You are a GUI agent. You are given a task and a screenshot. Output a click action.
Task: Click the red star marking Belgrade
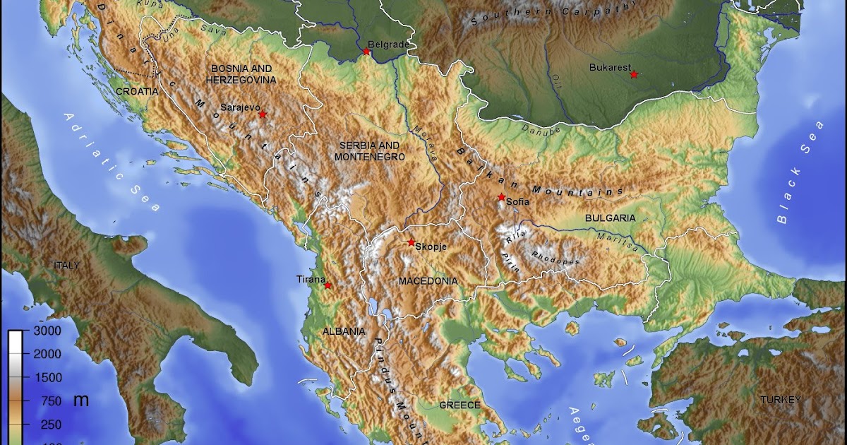(x=366, y=52)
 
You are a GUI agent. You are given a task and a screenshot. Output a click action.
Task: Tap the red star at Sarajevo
(x=263, y=114)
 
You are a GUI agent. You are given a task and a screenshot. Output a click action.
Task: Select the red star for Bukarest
(x=634, y=74)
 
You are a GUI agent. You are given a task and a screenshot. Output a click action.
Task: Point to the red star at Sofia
(x=501, y=197)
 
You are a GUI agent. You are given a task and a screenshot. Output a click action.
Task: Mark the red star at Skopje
(x=412, y=242)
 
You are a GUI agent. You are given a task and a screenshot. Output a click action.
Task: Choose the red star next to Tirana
(x=328, y=285)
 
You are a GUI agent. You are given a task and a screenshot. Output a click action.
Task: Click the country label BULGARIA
(x=610, y=218)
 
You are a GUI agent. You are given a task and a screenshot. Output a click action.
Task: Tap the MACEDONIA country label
(x=428, y=281)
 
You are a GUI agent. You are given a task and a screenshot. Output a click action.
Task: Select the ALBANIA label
(x=344, y=331)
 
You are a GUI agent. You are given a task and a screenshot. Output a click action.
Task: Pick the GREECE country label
(x=459, y=405)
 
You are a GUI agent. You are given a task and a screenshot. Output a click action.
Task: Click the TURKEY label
(x=780, y=400)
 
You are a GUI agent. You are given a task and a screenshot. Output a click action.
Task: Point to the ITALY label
(x=67, y=265)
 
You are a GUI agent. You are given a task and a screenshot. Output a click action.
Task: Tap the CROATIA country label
(x=137, y=91)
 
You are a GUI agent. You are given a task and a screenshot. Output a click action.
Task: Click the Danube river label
(x=540, y=130)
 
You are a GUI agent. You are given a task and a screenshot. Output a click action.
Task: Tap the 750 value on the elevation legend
(x=51, y=401)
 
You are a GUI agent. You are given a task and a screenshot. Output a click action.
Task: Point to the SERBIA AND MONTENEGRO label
(x=370, y=150)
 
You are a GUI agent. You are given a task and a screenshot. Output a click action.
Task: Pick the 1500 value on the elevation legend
(x=47, y=378)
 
